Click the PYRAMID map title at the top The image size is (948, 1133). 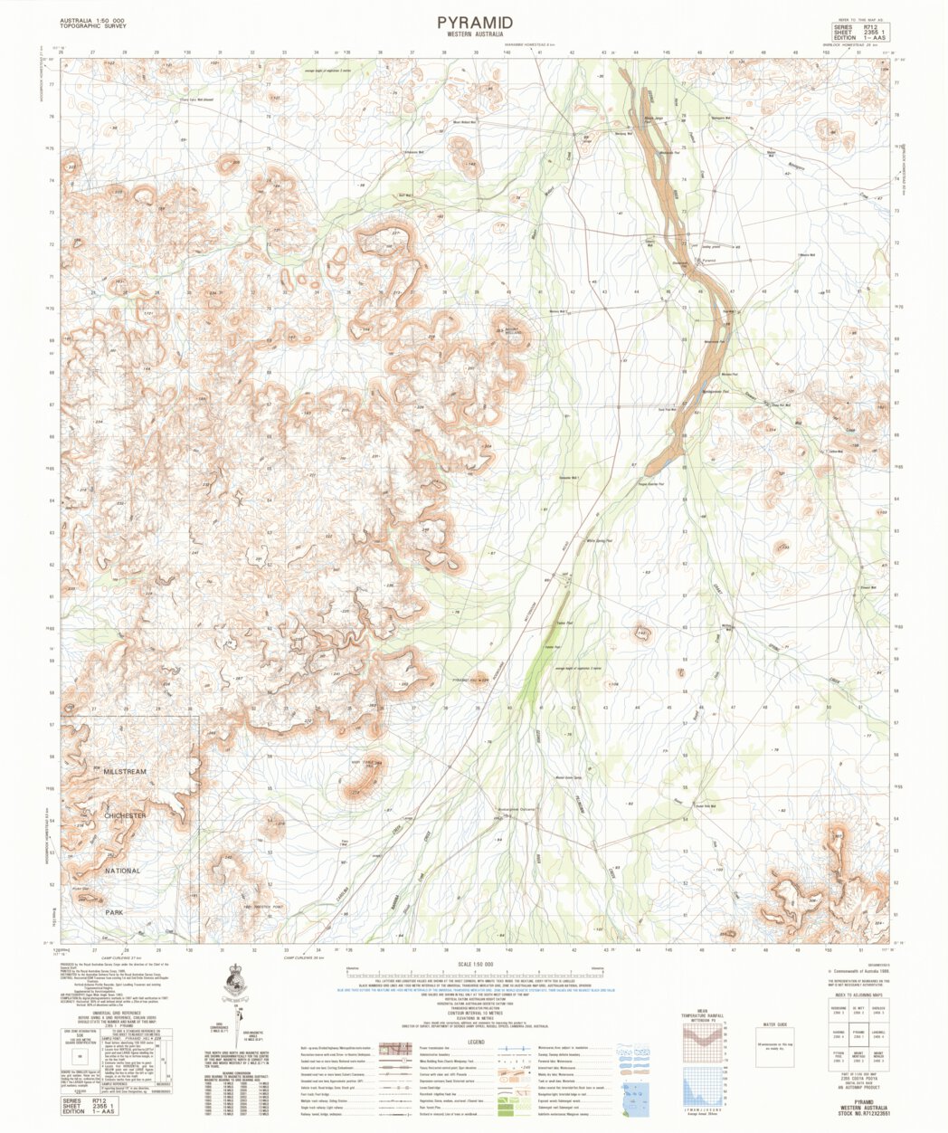tap(474, 22)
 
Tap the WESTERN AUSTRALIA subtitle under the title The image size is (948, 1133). tap(474, 34)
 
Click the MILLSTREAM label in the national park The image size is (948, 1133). tap(124, 772)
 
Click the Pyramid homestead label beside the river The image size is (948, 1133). tap(708, 259)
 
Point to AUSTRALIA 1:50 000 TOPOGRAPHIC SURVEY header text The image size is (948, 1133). tap(94, 23)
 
